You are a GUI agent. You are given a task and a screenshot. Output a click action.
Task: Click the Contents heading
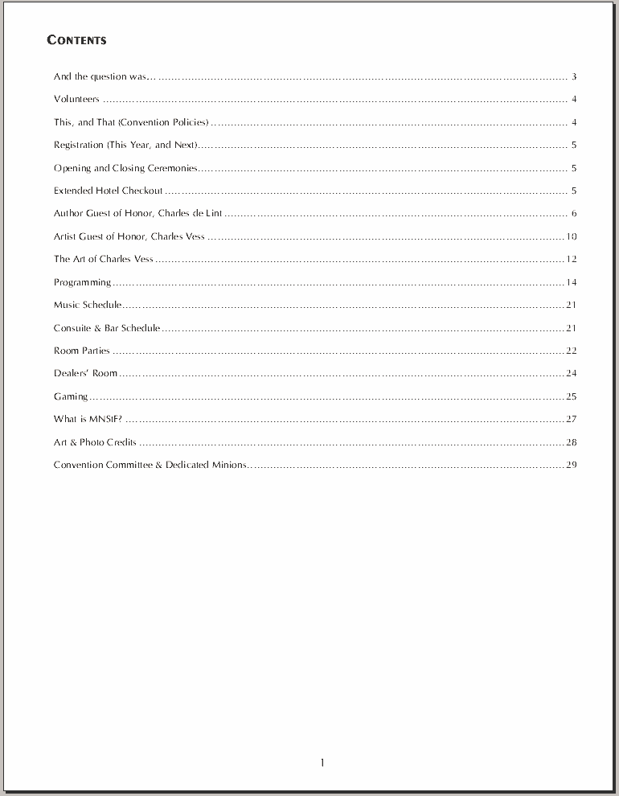(76, 40)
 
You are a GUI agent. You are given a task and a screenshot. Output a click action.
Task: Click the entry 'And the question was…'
(101, 77)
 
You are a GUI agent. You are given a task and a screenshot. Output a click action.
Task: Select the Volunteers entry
(76, 100)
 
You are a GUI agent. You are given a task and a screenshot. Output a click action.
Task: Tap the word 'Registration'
(79, 146)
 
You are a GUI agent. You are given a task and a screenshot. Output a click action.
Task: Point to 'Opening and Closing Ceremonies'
(125, 168)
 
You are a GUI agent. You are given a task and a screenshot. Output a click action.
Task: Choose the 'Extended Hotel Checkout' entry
(108, 191)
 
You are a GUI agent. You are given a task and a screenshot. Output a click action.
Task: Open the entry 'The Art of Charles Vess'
(103, 259)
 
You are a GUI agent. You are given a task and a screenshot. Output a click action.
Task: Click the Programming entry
(82, 282)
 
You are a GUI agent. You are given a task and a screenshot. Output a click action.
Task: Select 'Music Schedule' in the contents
(88, 305)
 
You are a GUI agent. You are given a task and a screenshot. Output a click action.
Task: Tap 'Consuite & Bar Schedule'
(107, 328)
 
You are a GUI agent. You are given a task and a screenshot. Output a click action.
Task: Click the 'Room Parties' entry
(81, 351)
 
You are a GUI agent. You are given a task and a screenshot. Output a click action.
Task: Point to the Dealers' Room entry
(85, 373)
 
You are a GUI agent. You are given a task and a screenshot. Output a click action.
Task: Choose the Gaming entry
(71, 396)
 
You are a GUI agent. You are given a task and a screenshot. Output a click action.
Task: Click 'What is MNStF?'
(88, 419)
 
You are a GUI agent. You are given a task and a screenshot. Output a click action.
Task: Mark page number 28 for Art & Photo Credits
(572, 442)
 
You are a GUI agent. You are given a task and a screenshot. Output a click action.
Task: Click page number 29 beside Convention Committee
(572, 465)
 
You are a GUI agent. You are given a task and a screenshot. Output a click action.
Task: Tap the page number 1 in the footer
(322, 763)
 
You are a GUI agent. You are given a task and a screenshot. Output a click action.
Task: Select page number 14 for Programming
(572, 282)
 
